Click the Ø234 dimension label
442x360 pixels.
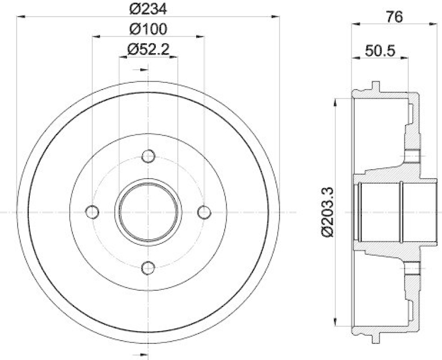[148, 9]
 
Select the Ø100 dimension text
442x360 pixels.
[148, 29]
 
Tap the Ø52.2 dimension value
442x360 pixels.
[148, 49]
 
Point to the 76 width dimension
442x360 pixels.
[394, 17]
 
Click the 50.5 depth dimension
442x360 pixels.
[380, 51]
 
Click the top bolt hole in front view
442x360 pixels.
[148, 156]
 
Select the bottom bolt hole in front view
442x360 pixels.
[148, 268]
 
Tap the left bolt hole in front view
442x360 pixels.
[92, 212]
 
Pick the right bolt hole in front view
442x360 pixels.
[204, 212]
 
